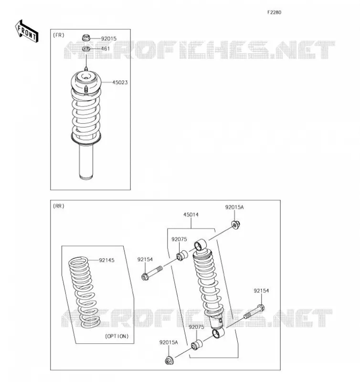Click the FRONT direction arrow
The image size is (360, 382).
pos(27,32)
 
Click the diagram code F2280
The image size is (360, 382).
pos(274,12)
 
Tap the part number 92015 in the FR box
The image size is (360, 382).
pos(109,39)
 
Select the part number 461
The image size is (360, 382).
pos(106,49)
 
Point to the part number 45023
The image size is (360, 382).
pos(120,83)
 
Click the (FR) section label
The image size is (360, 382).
pos(59,35)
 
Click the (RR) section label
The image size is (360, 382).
pos(59,206)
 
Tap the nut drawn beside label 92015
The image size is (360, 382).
pos(86,38)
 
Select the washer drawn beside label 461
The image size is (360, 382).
pos(86,49)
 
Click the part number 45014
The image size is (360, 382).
pos(191,214)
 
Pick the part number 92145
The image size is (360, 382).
pos(106,260)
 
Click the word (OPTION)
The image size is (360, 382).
pos(117,336)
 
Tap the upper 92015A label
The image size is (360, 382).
pos(234,207)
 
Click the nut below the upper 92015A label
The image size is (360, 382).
pos(235,224)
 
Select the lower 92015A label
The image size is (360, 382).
pos(169,342)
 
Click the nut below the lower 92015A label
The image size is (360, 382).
pos(169,361)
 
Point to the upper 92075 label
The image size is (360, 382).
pos(179,239)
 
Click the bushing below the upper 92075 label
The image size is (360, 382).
pos(182,255)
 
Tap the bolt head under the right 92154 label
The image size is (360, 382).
pos(261,308)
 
